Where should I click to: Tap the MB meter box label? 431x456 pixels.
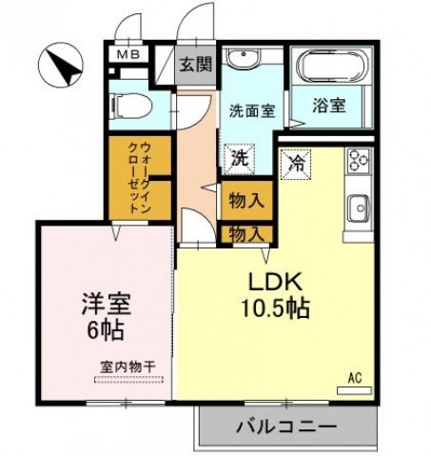pyautogui.click(x=127, y=56)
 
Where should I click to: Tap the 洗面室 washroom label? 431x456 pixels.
pyautogui.click(x=251, y=110)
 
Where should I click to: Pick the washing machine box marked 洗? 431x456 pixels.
pyautogui.click(x=241, y=158)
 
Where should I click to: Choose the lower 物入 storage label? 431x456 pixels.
pyautogui.click(x=245, y=232)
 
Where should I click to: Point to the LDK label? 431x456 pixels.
pyautogui.click(x=276, y=282)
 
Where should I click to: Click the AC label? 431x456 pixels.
pyautogui.click(x=354, y=378)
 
